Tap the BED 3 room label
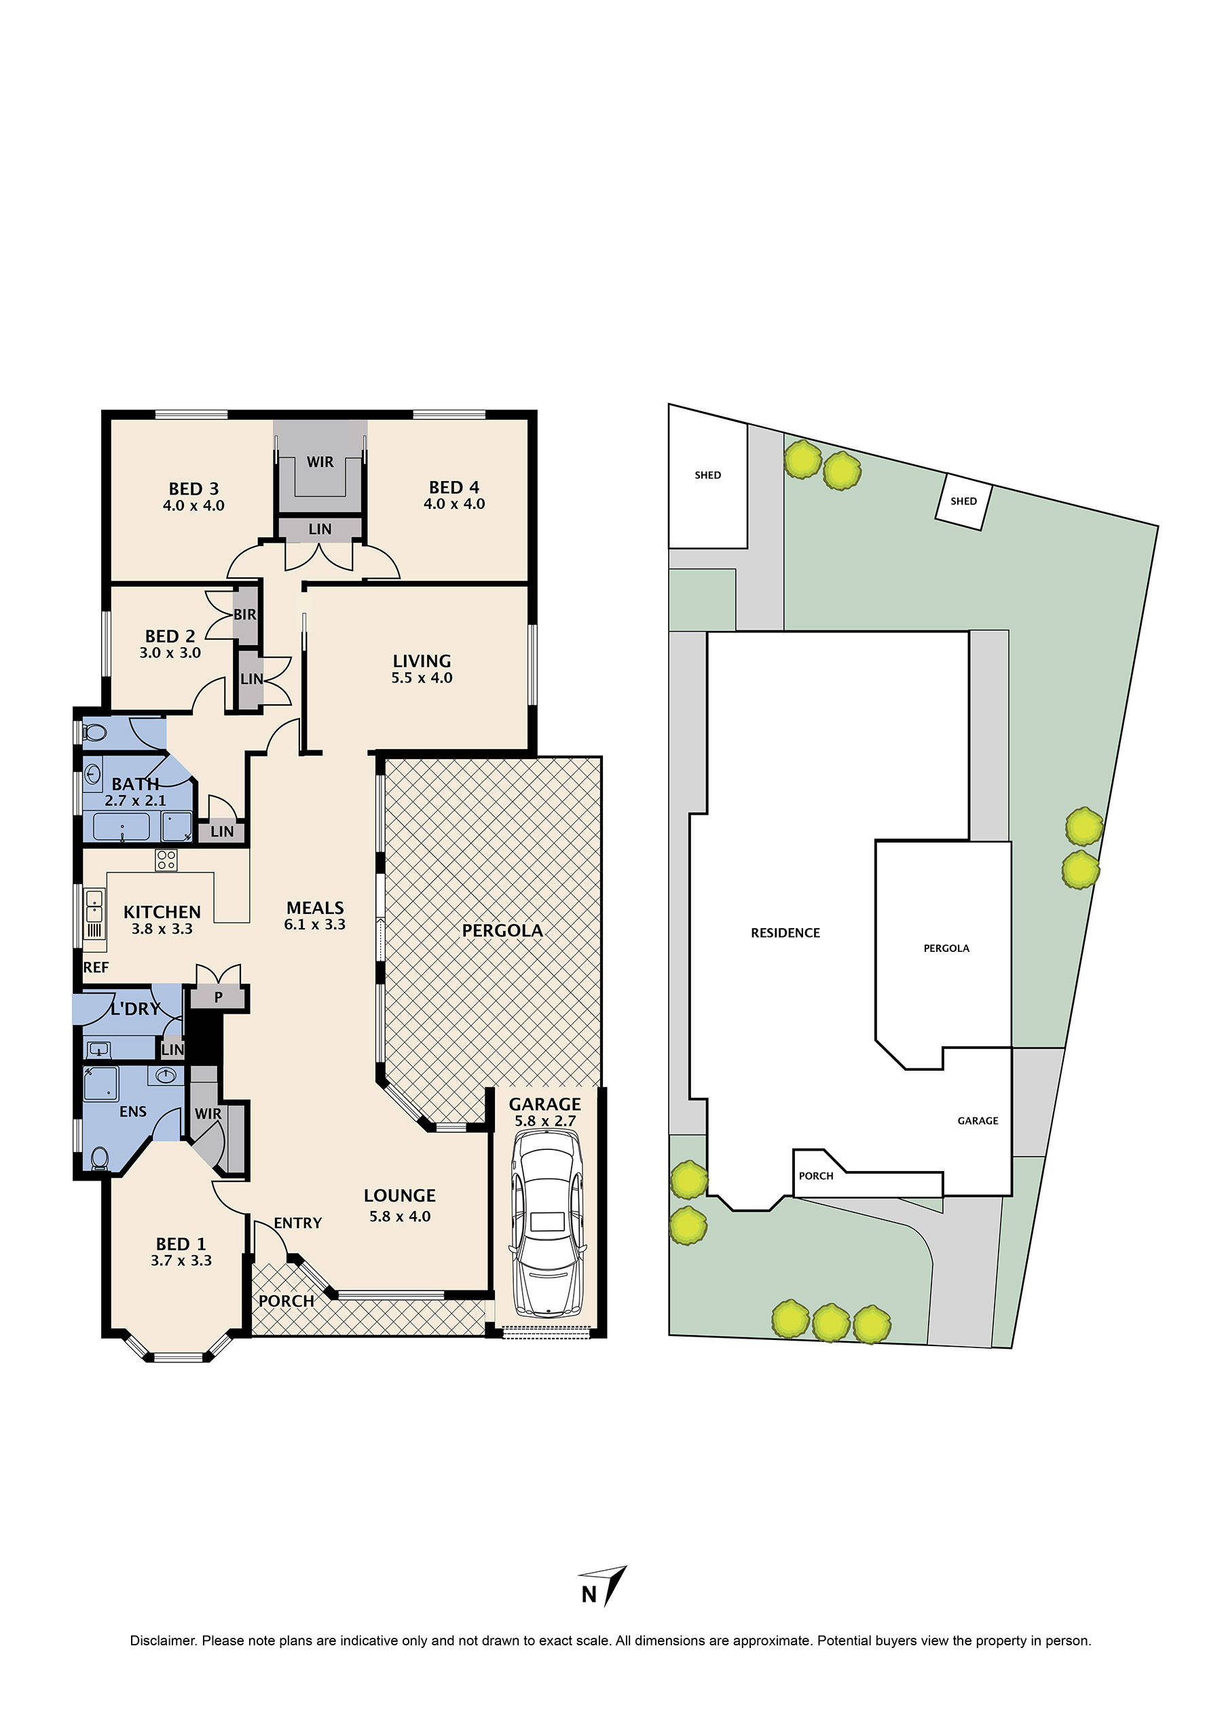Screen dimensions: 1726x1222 (193, 489)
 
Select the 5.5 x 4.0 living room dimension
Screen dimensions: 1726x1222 (422, 678)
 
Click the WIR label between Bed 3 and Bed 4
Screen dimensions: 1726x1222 (320, 462)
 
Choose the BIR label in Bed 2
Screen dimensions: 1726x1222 (244, 615)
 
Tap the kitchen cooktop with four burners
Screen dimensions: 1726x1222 (166, 860)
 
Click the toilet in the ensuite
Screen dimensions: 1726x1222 (99, 1162)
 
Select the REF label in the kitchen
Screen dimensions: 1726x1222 (96, 968)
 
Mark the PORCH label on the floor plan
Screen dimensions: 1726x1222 (286, 1301)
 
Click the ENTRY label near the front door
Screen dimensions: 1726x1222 (297, 1223)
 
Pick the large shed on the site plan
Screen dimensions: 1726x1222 (707, 485)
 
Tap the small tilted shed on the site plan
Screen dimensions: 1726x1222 (963, 501)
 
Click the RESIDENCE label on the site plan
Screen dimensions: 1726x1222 (785, 933)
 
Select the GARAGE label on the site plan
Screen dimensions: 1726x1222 (978, 1121)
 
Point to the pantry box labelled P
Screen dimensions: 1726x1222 (218, 997)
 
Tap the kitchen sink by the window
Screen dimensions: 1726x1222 (94, 906)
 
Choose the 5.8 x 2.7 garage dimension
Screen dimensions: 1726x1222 (544, 1121)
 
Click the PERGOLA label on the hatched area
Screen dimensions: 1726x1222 (502, 930)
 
